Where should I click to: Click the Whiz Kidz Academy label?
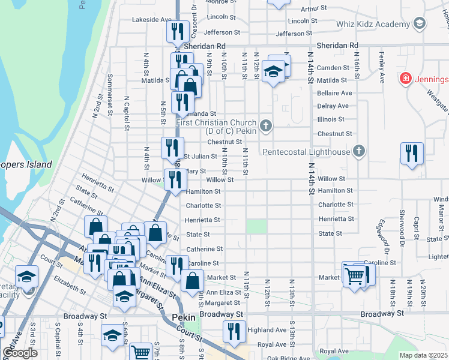coord(376,23)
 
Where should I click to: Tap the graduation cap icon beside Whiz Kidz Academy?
coord(420,24)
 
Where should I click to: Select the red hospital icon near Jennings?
coord(406,79)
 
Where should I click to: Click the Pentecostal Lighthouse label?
coord(306,152)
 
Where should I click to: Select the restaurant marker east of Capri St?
coord(412,152)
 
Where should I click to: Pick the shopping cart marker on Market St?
coord(354,275)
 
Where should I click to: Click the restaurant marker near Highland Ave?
coord(234,331)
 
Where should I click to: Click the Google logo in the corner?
coord(20,353)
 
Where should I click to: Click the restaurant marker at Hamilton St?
coord(175,179)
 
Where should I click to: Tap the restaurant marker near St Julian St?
coord(172,148)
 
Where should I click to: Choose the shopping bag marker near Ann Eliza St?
coord(192,280)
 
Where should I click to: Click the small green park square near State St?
coord(256,227)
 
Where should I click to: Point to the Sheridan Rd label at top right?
coord(337,45)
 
